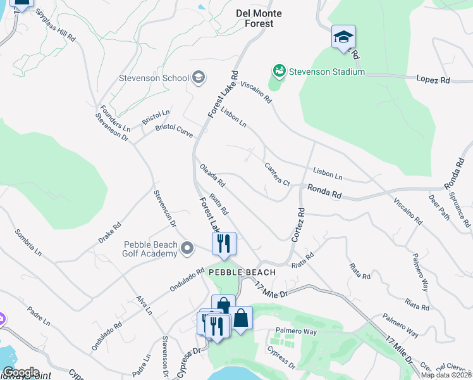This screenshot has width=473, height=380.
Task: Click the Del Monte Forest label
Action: coord(259,18)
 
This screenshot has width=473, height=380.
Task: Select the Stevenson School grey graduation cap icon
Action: coord(198,79)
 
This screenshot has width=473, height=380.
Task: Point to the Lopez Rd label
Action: coord(433,80)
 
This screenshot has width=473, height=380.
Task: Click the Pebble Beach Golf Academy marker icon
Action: coord(187,248)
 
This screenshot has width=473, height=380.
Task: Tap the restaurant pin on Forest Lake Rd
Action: coord(224,244)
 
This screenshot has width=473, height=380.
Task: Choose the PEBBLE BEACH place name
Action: coord(242,272)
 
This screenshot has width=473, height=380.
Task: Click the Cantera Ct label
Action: coord(276,174)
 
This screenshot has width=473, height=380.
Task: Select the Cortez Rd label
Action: coord(298,226)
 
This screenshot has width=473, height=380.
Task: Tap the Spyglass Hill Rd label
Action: coord(55,25)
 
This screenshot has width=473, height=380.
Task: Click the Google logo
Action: coord(21,372)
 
